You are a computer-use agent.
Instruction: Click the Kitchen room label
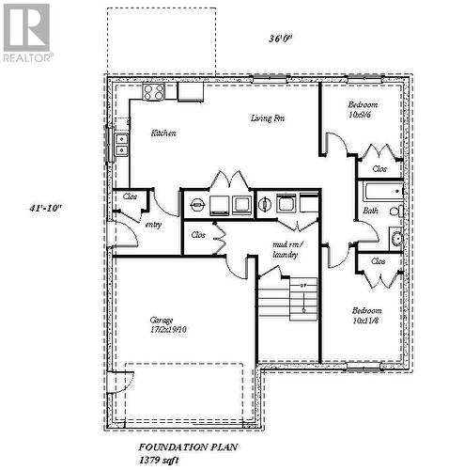[x=163, y=133]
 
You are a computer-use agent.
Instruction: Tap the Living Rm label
[x=268, y=118]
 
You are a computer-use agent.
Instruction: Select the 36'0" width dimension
[x=281, y=39]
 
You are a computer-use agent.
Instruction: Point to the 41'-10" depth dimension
[x=45, y=209]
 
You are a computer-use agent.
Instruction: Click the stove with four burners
[x=154, y=91]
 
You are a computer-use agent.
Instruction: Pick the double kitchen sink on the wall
[x=121, y=144]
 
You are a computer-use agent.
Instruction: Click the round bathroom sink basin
[x=396, y=238]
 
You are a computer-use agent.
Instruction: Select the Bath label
[x=370, y=211]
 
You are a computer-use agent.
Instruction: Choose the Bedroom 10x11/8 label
[x=366, y=316]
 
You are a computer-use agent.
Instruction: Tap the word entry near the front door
[x=152, y=225]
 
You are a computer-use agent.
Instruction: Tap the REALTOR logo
[x=26, y=30]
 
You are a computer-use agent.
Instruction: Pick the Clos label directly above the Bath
[x=379, y=169]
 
